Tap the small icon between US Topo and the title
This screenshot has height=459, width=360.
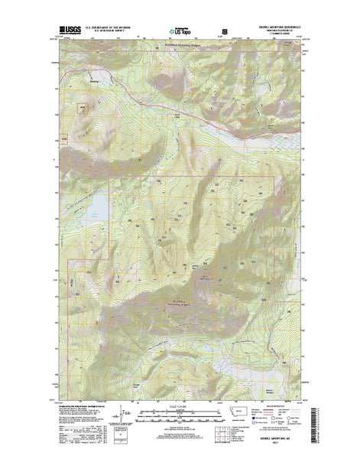point(225,32)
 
